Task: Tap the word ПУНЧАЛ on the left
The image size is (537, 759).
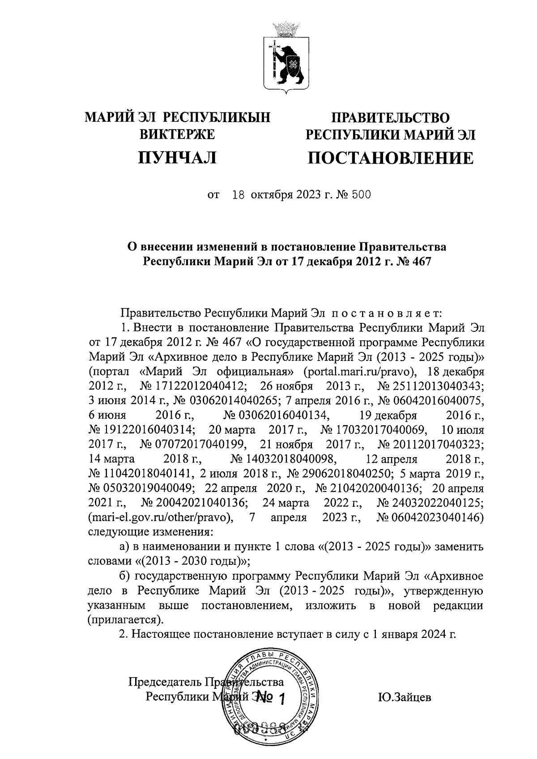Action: tap(177, 158)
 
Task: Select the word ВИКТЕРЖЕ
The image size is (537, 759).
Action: tap(178, 134)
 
